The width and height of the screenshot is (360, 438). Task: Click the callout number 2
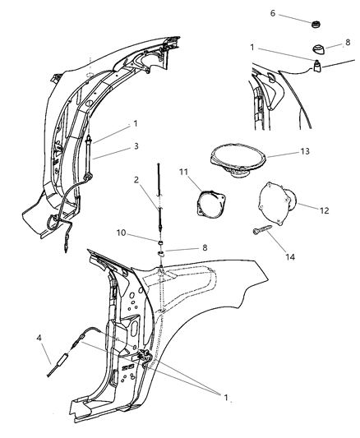click(x=136, y=181)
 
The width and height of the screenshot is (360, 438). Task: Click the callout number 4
click(x=38, y=339)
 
